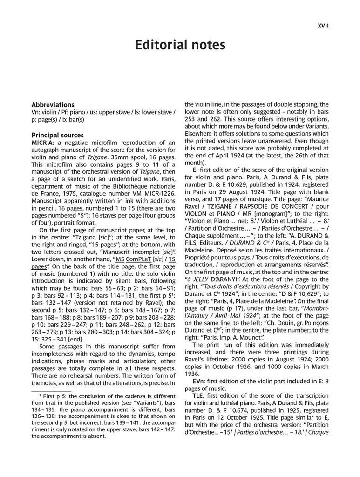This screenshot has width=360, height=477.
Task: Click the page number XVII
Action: (323, 26)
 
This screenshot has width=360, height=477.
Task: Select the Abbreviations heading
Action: (53, 105)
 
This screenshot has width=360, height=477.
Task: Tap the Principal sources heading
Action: (57, 135)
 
